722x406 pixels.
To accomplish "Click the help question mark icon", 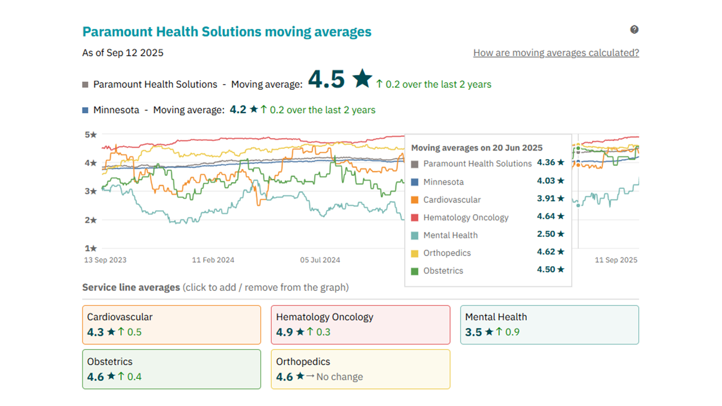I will pyautogui.click(x=634, y=30).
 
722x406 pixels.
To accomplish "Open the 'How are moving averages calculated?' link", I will pyautogui.click(x=556, y=53).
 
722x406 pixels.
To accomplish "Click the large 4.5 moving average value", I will pyautogui.click(x=326, y=80).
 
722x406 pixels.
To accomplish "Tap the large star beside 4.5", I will pyautogui.click(x=362, y=79).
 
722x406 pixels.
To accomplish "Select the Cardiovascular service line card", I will pyautogui.click(x=171, y=325).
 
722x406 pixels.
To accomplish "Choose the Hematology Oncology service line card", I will pyautogui.click(x=360, y=325).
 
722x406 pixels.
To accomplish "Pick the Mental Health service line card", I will pyautogui.click(x=549, y=325).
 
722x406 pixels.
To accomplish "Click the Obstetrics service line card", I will pyautogui.click(x=171, y=369).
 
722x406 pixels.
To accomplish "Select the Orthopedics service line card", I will pyautogui.click(x=360, y=369).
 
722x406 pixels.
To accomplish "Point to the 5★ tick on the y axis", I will pyautogui.click(x=91, y=135).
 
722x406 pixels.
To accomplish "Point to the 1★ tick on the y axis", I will pyautogui.click(x=91, y=248).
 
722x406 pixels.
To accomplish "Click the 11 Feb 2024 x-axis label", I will pyautogui.click(x=213, y=260).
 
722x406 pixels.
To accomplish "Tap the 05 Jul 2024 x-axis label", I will pyautogui.click(x=320, y=260).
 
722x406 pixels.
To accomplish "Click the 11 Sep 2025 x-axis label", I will pyautogui.click(x=616, y=260).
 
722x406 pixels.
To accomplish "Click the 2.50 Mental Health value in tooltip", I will pyautogui.click(x=545, y=234).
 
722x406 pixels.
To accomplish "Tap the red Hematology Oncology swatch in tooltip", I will pyautogui.click(x=415, y=218).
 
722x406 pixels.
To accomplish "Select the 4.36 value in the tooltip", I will pyautogui.click(x=545, y=162).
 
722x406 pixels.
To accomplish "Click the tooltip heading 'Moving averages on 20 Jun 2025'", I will pyautogui.click(x=477, y=148).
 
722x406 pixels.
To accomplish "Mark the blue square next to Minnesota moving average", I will pyautogui.click(x=85, y=111).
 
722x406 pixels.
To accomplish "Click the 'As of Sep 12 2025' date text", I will pyautogui.click(x=123, y=53).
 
